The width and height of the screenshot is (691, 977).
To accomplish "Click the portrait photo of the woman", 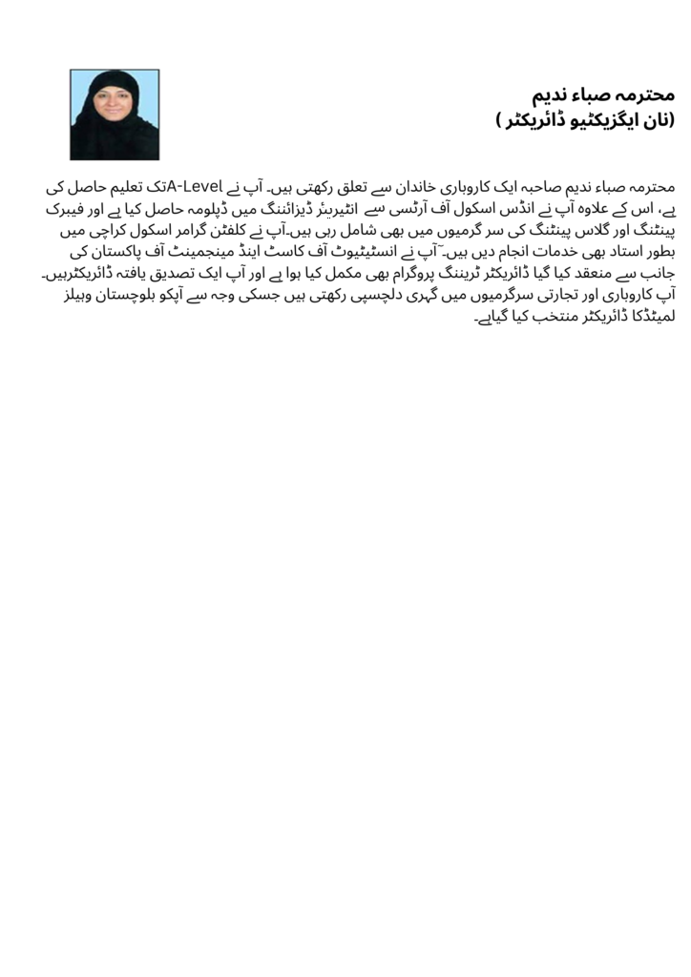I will pyautogui.click(x=115, y=114).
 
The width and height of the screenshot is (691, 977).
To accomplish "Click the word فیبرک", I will pyautogui.click(x=43, y=209).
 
